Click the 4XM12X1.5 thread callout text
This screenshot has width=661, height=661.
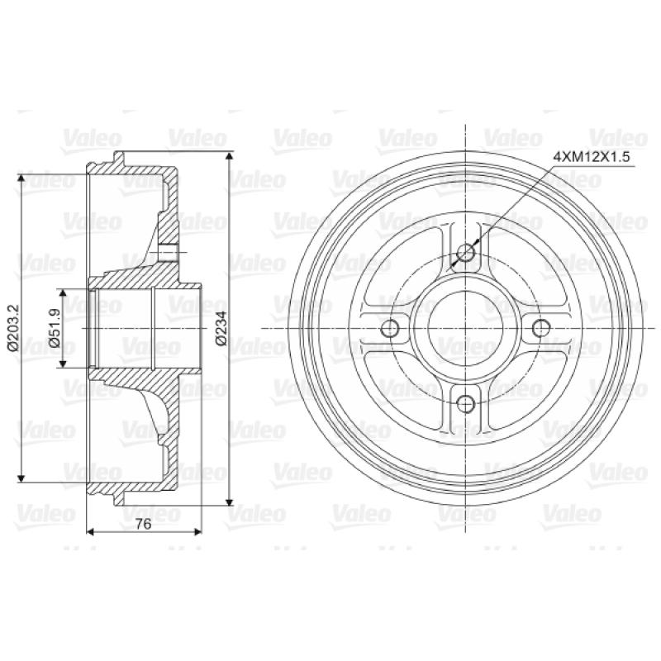click(592, 157)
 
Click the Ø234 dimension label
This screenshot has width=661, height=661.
click(221, 328)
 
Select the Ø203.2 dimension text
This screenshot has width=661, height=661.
click(12, 328)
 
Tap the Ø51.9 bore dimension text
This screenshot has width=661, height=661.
click(55, 328)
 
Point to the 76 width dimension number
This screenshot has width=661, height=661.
click(143, 524)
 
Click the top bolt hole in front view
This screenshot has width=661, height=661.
click(466, 254)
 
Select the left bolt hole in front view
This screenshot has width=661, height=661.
click(389, 328)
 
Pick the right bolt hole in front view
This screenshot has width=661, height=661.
click(541, 328)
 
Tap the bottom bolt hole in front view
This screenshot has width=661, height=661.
click(466, 404)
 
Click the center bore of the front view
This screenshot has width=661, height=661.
click(465, 328)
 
